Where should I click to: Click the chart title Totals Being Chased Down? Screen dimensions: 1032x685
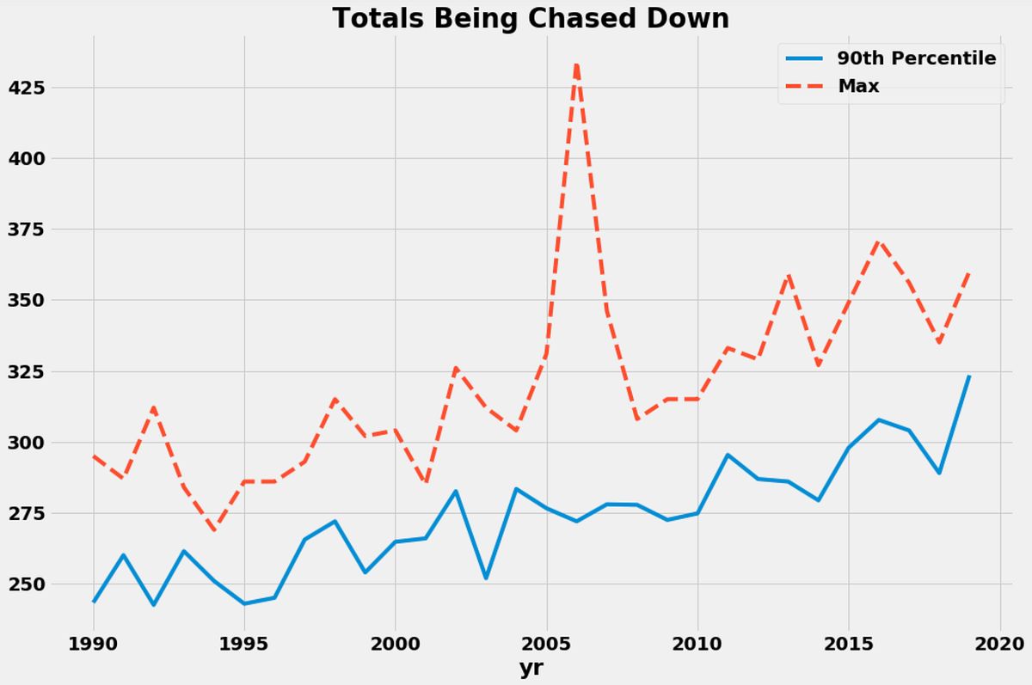click(x=531, y=18)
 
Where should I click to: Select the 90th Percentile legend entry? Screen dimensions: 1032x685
click(x=891, y=58)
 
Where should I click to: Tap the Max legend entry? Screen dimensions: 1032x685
click(x=832, y=86)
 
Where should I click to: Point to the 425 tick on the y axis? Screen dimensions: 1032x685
click(x=27, y=88)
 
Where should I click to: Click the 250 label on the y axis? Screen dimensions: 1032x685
click(x=27, y=584)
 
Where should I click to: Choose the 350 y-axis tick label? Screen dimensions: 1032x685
click(x=27, y=300)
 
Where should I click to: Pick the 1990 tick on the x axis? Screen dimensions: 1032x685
click(x=94, y=644)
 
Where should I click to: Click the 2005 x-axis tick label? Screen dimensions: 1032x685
click(x=547, y=644)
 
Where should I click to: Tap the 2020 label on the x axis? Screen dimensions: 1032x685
click(x=1000, y=644)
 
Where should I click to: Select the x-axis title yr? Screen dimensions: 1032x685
click(x=531, y=668)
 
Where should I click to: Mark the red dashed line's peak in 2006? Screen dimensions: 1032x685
click(x=577, y=64)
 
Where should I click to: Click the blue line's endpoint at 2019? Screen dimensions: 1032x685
click(x=970, y=376)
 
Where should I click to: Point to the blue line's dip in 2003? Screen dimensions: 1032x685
click(x=486, y=578)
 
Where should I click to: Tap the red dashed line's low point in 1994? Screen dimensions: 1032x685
click(x=214, y=529)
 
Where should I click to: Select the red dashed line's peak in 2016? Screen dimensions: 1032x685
click(x=879, y=242)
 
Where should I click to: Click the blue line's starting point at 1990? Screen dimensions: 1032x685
click(x=94, y=602)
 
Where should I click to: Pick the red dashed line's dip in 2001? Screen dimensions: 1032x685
click(x=427, y=482)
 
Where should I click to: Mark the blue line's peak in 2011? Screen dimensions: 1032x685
click(x=728, y=455)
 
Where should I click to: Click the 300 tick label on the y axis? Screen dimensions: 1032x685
click(x=27, y=443)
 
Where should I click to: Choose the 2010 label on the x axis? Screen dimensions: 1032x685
click(x=698, y=644)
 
